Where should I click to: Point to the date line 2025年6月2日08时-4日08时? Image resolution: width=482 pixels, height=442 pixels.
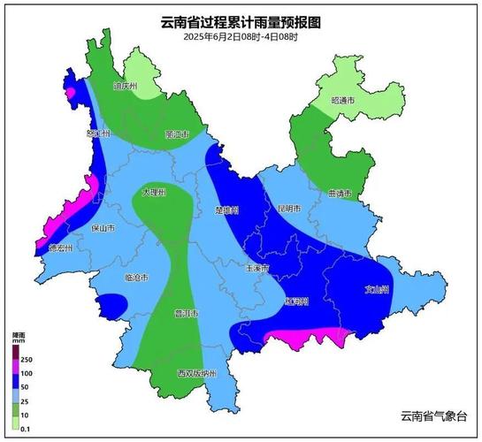[x=241, y=38]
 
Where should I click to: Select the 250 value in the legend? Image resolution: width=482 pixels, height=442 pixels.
[x=27, y=361]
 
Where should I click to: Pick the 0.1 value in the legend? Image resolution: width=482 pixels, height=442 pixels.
[x=26, y=429]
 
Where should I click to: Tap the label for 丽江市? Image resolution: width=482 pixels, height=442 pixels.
[x=178, y=134]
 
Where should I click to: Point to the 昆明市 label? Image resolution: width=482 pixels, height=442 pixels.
[x=288, y=209]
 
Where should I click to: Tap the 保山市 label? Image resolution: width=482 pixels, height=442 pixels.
[x=103, y=227]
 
